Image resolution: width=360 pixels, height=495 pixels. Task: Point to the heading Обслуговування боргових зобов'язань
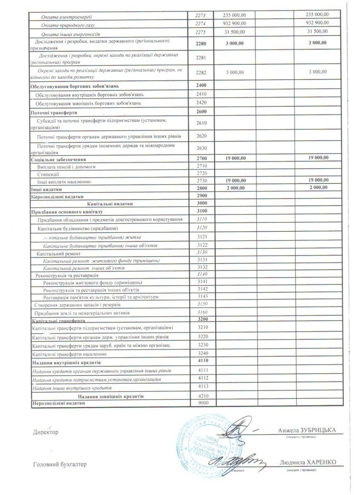pyautogui.click(x=75, y=86)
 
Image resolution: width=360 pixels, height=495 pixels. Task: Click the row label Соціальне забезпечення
pyautogui.click(x=60, y=159)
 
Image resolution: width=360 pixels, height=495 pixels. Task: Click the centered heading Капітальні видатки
pyautogui.click(x=109, y=204)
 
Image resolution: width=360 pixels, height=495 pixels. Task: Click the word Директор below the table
pyautogui.click(x=46, y=432)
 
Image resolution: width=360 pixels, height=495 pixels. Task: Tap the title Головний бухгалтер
pyautogui.click(x=60, y=464)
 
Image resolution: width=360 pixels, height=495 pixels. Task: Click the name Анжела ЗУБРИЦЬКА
pyautogui.click(x=307, y=430)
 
